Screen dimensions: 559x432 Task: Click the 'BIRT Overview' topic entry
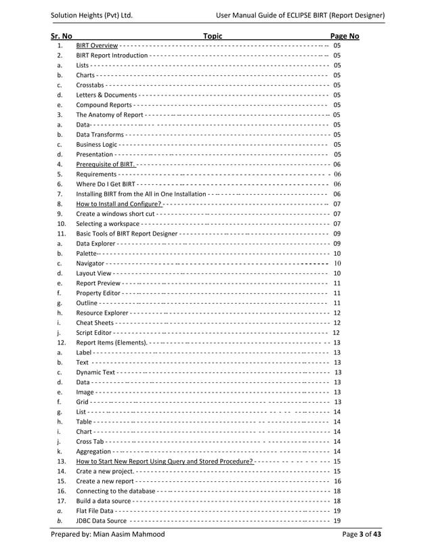click(x=98, y=45)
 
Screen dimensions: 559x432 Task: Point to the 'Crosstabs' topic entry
click(x=90, y=85)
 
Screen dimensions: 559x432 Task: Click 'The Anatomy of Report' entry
click(x=109, y=115)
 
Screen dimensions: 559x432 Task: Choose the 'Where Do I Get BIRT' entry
click(x=106, y=184)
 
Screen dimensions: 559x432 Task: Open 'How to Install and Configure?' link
click(x=119, y=204)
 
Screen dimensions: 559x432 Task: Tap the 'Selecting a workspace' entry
click(x=108, y=223)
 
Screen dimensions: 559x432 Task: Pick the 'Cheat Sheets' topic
click(x=95, y=323)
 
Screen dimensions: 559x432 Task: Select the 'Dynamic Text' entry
click(x=95, y=372)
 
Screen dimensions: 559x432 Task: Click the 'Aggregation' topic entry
click(x=93, y=451)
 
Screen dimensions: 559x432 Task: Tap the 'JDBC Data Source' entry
click(x=101, y=520)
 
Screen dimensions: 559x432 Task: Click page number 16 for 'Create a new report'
click(x=337, y=481)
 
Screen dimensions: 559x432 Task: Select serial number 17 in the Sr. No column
click(x=61, y=501)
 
